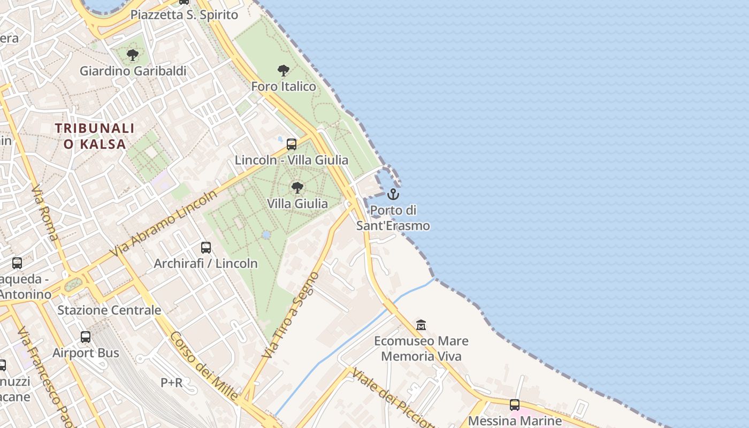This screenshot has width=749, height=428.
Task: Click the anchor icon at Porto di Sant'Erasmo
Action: point(393,194)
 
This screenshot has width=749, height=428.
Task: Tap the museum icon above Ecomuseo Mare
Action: point(421,325)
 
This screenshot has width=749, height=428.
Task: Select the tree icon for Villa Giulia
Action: point(297,188)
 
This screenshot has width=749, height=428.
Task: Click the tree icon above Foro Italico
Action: point(284,71)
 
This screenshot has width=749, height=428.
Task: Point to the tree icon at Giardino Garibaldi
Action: point(133,55)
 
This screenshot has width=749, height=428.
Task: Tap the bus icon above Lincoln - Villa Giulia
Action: point(292,144)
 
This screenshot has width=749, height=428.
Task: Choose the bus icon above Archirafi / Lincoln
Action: point(206,248)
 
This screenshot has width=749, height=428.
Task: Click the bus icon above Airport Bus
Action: point(86,337)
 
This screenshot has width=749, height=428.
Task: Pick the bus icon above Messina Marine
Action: point(515,405)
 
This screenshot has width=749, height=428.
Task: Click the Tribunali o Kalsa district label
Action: point(95,136)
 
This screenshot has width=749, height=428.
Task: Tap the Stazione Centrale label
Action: point(109,310)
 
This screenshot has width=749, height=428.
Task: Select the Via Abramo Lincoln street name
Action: point(163,224)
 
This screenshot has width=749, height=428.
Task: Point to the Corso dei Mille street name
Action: point(204,366)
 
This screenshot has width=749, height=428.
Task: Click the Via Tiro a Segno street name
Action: point(291,315)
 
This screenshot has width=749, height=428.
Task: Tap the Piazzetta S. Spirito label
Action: point(184,14)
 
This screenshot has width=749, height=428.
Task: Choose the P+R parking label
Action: point(171,383)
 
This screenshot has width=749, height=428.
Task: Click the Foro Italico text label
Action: point(284,86)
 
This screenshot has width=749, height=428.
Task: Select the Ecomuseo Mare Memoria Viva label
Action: point(421,348)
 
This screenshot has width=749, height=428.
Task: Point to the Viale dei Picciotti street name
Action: point(393,399)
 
